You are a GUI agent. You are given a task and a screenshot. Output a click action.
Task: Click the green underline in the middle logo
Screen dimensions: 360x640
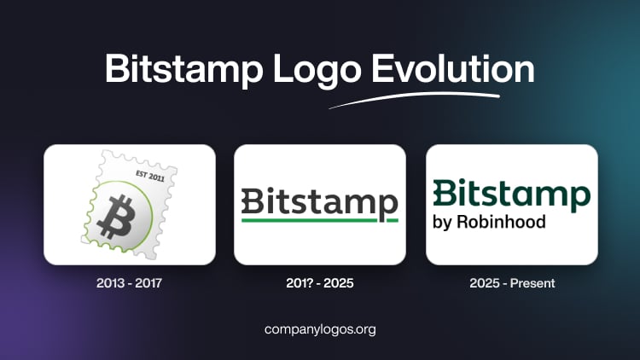pyautogui.click(x=320, y=220)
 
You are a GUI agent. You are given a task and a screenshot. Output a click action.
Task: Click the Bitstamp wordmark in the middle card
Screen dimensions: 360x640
pyautogui.click(x=320, y=203)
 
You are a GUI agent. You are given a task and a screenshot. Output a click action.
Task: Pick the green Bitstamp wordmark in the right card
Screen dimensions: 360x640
pyautogui.click(x=511, y=195)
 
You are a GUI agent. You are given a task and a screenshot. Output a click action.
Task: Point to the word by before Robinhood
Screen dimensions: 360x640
pyautogui.click(x=445, y=223)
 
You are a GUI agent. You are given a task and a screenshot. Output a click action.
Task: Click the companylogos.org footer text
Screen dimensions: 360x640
pyautogui.click(x=320, y=328)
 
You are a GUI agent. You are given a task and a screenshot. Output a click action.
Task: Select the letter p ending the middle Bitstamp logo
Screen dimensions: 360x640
pyautogui.click(x=389, y=206)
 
